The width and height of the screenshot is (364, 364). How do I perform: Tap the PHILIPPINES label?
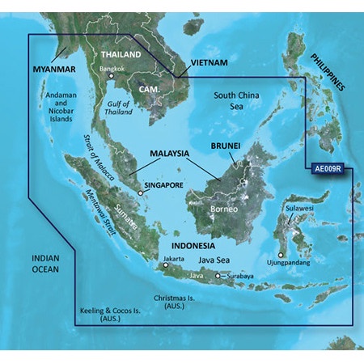click(x=327, y=71)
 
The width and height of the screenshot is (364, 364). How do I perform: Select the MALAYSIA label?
click(x=170, y=153)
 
